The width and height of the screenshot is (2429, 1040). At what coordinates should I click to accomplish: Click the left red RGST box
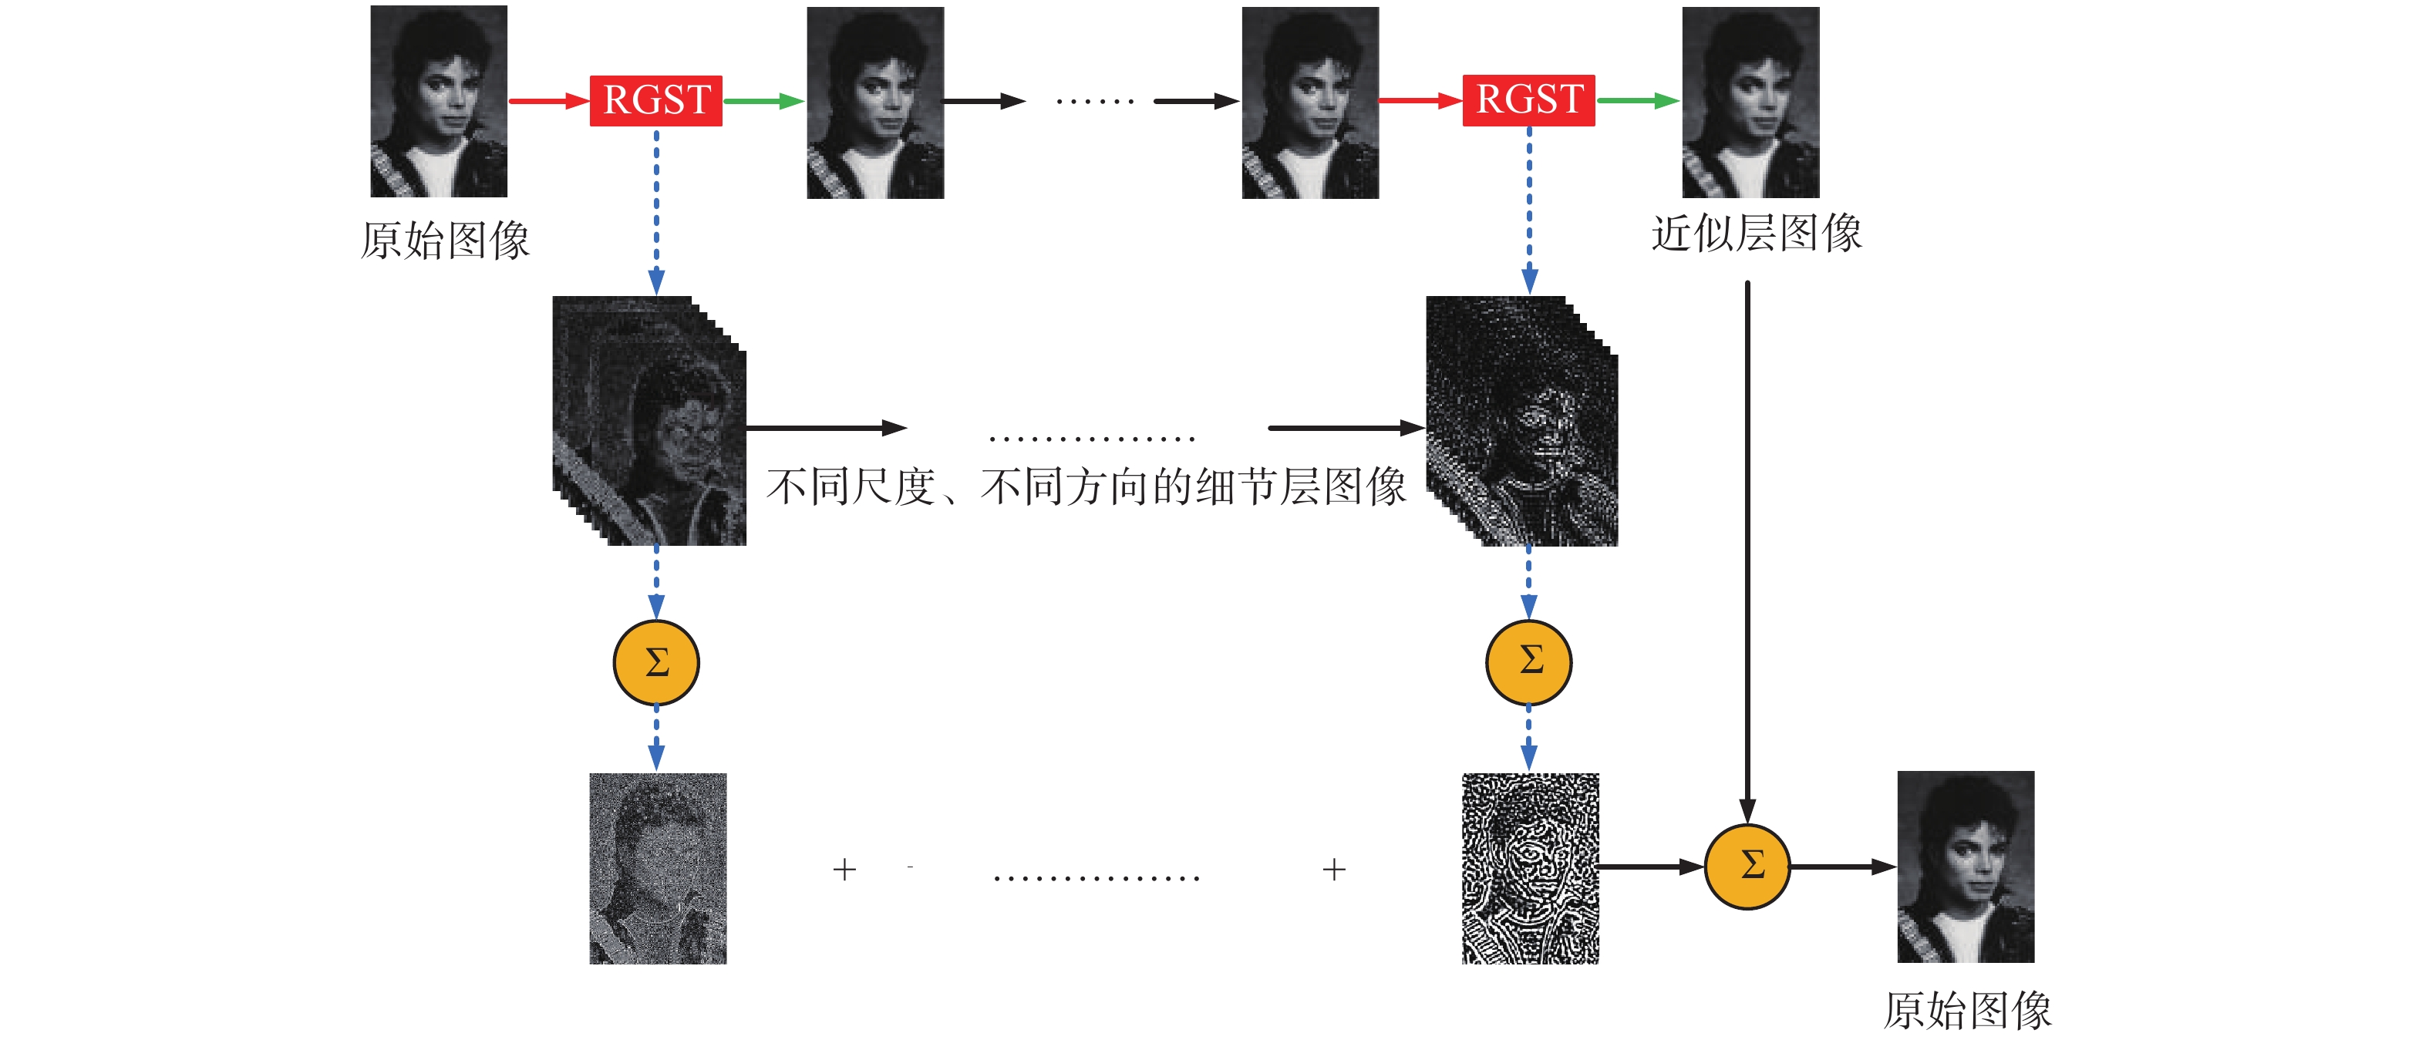(x=655, y=100)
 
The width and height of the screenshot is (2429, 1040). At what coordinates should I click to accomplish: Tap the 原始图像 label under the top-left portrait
(x=445, y=241)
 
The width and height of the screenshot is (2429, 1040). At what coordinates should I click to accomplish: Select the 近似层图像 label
(x=1757, y=233)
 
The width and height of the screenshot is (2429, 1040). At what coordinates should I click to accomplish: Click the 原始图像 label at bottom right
(x=1967, y=1010)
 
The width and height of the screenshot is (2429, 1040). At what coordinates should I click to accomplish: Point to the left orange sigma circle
(x=656, y=663)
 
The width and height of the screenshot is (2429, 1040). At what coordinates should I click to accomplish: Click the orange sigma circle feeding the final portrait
(x=1747, y=867)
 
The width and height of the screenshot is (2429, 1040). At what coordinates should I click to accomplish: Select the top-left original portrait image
(x=439, y=101)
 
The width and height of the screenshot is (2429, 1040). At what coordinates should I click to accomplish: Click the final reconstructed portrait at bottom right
(x=1966, y=867)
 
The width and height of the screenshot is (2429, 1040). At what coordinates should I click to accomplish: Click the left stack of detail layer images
(x=649, y=420)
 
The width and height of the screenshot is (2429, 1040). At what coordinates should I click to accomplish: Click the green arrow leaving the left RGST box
(x=763, y=101)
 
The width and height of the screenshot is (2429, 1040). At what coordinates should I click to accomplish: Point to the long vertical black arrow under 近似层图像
(x=1747, y=547)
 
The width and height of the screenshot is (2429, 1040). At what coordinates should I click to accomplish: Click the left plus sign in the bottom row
(x=845, y=870)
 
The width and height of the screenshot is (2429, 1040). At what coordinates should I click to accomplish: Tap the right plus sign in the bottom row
(x=1334, y=870)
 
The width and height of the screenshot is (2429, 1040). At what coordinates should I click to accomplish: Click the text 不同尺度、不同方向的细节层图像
(x=1086, y=487)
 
